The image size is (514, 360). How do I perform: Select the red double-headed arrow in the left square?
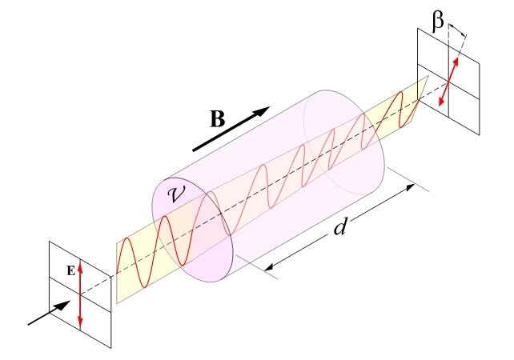click(x=80, y=295)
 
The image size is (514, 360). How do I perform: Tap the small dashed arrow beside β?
click(x=457, y=31)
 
